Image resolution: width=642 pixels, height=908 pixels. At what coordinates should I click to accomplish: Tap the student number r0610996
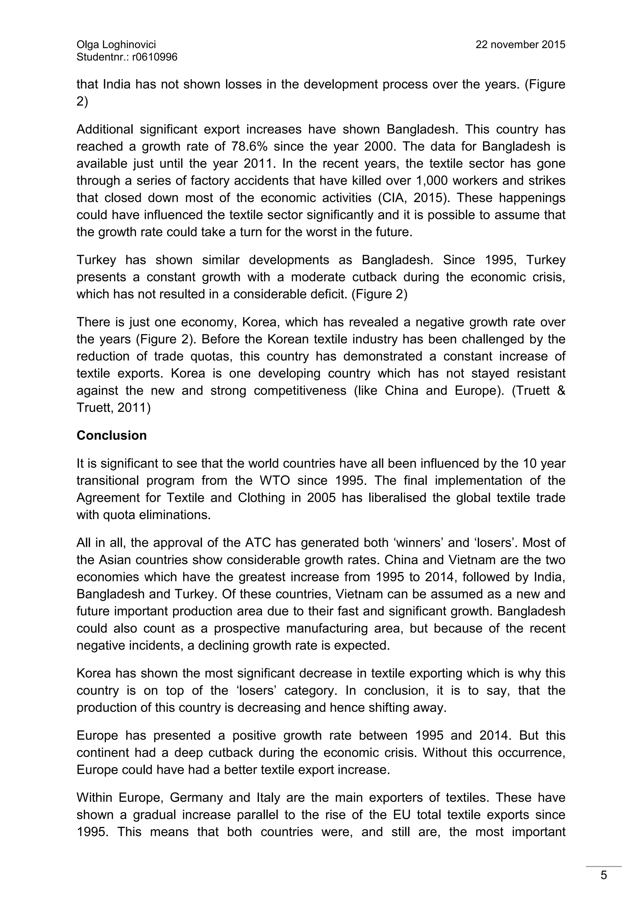click(155, 57)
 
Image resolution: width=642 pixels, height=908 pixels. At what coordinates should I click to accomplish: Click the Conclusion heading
click(112, 436)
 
